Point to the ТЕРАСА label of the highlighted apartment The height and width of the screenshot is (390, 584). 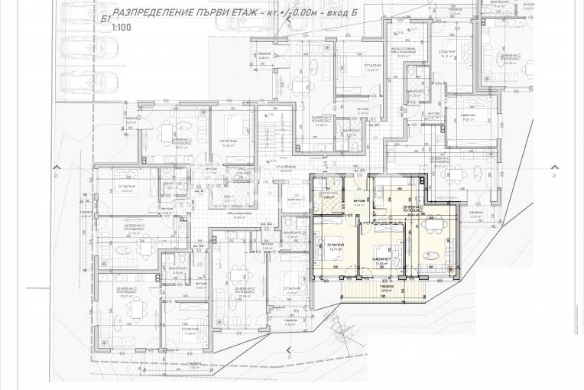click(x=386, y=288)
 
